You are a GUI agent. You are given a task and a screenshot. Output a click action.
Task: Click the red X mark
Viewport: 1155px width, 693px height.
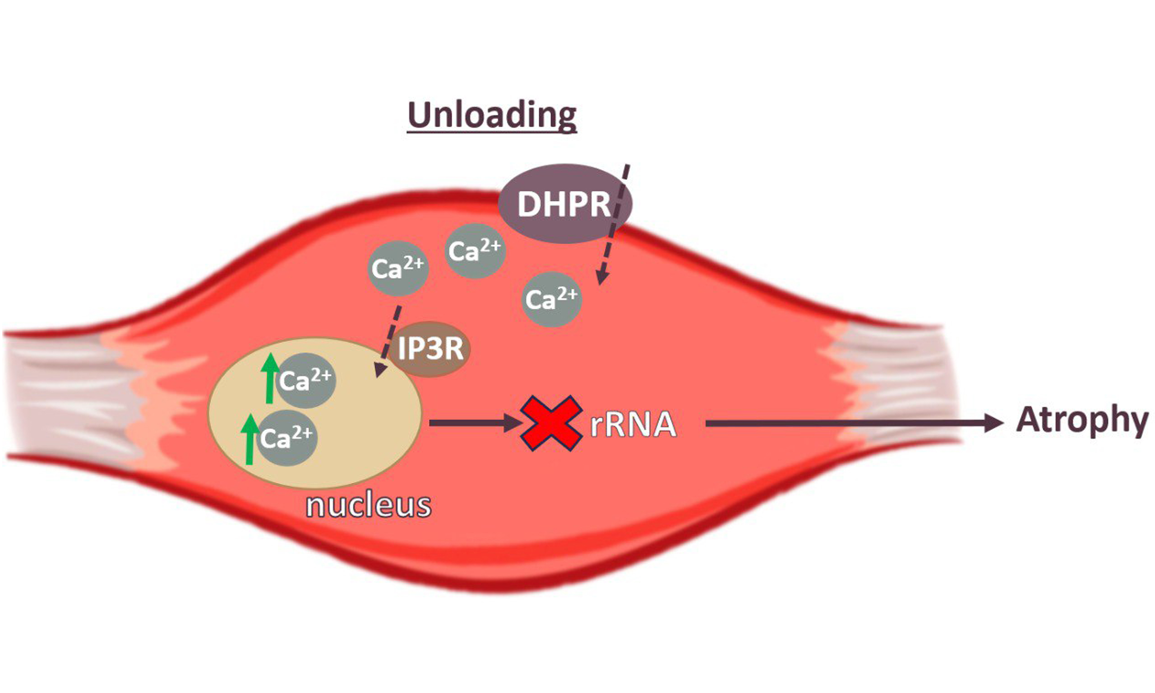(551, 423)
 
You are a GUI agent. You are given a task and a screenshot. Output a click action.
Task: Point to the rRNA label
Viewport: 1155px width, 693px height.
(633, 425)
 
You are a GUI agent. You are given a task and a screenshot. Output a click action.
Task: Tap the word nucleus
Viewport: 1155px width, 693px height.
(368, 505)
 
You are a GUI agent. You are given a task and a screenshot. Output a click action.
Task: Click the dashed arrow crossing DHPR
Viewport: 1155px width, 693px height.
(614, 224)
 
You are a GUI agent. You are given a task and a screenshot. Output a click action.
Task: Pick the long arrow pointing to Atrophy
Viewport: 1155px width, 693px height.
(850, 423)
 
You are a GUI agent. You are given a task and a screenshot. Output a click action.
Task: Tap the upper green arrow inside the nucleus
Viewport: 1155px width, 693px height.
(269, 378)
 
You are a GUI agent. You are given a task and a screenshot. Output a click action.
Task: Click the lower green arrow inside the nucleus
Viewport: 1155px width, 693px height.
(250, 439)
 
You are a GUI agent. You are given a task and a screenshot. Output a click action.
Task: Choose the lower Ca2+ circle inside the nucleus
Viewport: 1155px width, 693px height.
(287, 438)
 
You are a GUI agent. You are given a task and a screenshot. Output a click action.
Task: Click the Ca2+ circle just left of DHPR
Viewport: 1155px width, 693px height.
(475, 251)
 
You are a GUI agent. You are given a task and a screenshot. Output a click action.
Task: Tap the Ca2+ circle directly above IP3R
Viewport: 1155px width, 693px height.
(398, 268)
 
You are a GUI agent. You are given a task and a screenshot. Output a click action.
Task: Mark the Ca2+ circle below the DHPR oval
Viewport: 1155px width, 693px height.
(552, 299)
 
